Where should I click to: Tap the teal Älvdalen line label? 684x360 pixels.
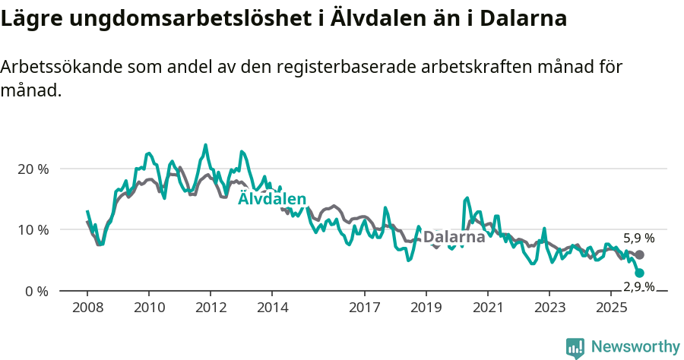[x=272, y=198]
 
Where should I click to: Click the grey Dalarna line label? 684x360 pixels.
[x=454, y=237]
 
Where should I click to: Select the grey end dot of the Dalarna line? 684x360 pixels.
[x=639, y=255]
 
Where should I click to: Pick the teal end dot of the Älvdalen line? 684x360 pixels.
[x=639, y=273]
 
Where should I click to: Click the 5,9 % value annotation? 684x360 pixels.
[x=638, y=238]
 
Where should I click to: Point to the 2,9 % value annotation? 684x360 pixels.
[x=638, y=286]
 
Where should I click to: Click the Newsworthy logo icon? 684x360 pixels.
[x=575, y=348]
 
